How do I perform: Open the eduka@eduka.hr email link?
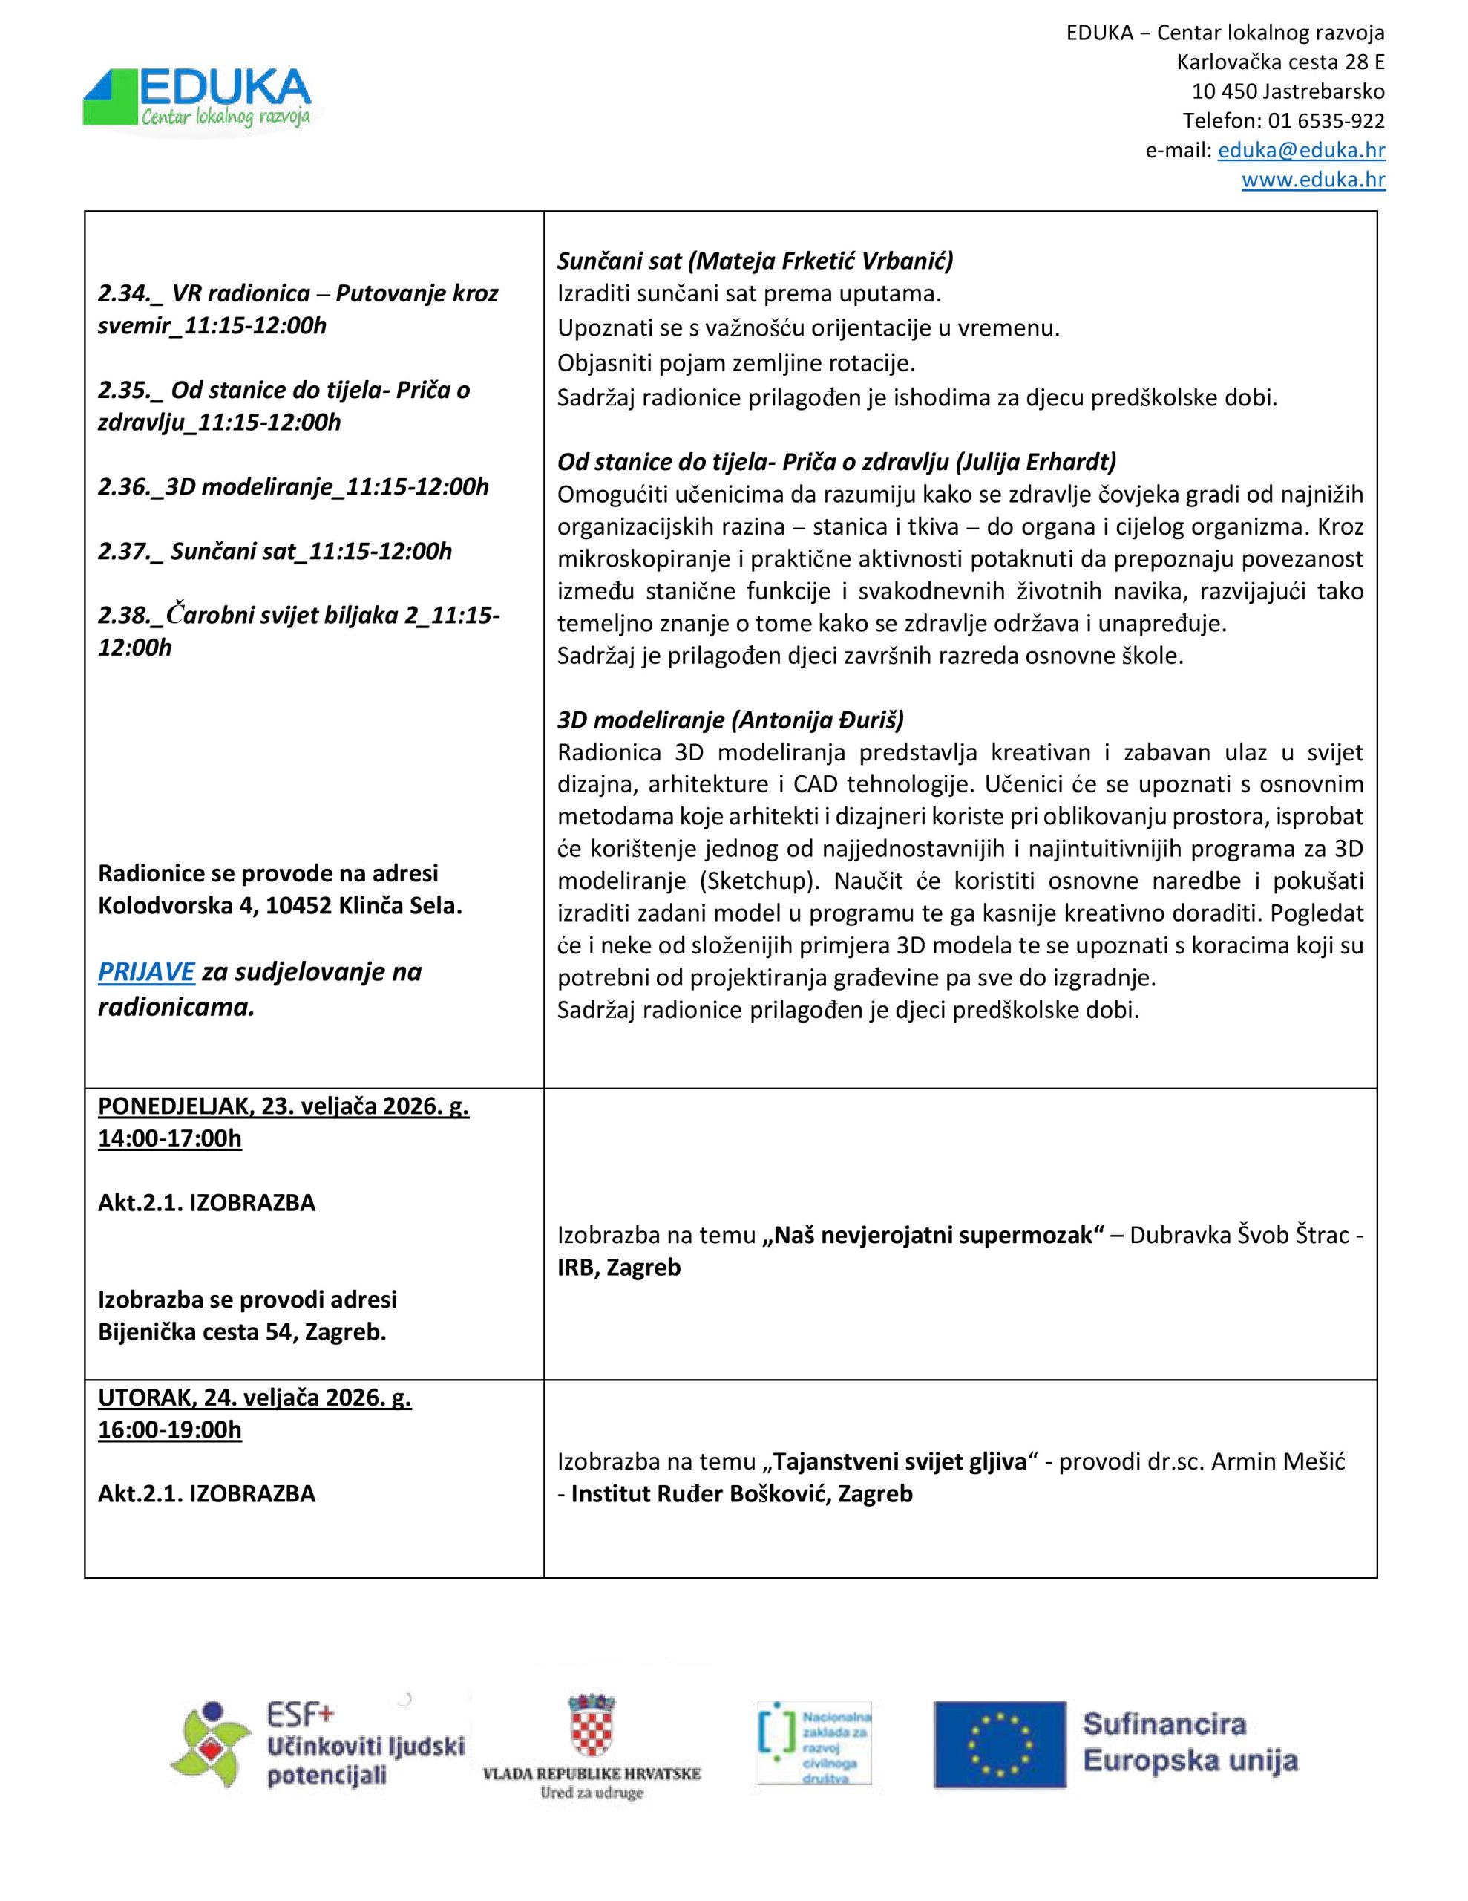1300,151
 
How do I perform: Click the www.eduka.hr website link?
1312,180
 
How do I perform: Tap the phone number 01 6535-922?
1327,121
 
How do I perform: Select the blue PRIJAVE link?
145,971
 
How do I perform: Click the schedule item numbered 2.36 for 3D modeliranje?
293,486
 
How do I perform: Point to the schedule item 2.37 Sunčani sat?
275,551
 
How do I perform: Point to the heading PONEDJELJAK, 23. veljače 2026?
283,1106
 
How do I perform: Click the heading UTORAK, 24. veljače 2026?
254,1397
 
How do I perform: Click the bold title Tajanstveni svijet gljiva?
900,1461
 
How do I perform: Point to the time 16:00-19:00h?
170,1430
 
